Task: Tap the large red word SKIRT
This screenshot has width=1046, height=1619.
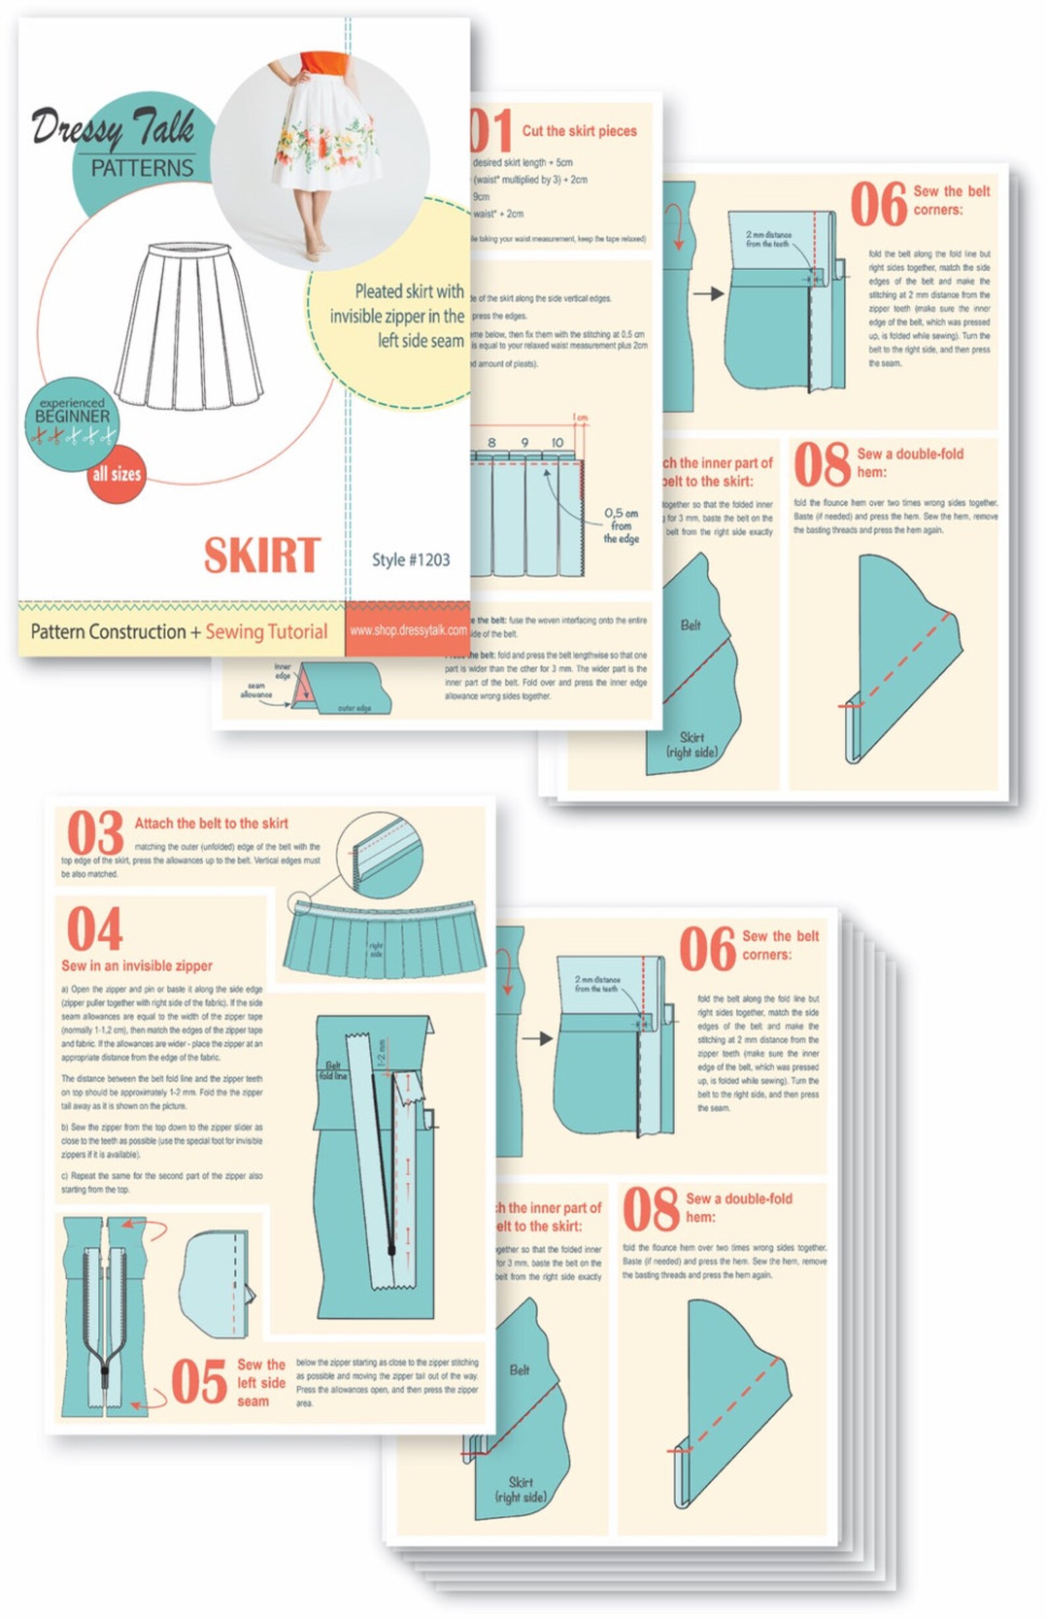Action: tap(261, 555)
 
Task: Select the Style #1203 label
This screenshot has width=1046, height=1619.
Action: tap(410, 560)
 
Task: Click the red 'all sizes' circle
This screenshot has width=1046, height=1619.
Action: tap(116, 474)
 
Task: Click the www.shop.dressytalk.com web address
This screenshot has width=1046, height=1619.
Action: tap(408, 630)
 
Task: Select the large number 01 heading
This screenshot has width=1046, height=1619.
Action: tap(491, 131)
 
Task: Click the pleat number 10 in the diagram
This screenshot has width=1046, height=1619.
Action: tap(557, 443)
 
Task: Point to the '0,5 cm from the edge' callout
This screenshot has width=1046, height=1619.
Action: tap(620, 526)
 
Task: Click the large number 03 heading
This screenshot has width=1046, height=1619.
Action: tap(95, 833)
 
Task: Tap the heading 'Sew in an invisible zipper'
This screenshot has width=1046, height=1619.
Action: tap(136, 966)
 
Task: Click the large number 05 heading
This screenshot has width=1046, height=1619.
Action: tap(198, 1382)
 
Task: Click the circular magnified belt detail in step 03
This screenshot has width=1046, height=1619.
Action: tap(379, 856)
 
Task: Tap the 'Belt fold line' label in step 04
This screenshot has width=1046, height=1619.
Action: tap(333, 1070)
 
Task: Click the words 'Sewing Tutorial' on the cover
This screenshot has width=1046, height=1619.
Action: tap(266, 632)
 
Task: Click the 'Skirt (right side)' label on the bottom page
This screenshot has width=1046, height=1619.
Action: tap(520, 1489)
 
